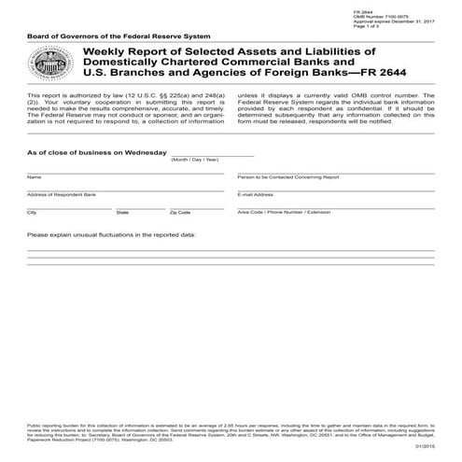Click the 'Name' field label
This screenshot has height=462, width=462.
coord(34,176)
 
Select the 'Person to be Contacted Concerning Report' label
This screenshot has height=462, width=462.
coord(279,176)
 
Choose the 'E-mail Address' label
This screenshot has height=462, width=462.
coord(256,194)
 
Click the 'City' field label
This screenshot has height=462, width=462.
coord(32,212)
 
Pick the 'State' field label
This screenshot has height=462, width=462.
coord(122,212)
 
